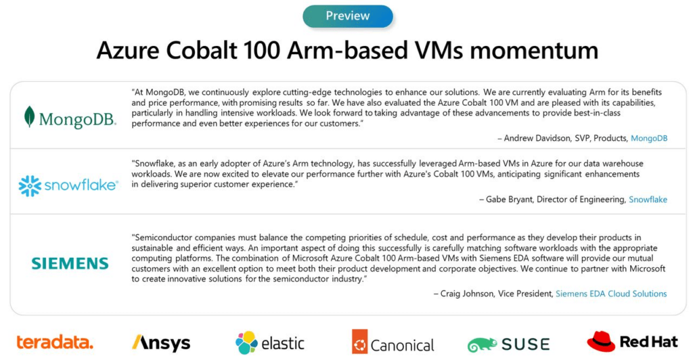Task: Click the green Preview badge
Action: [x=347, y=16]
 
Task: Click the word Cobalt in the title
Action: [x=202, y=50]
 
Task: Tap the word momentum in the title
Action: [x=535, y=51]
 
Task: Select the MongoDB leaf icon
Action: [x=29, y=116]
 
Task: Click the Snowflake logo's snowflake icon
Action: [x=30, y=185]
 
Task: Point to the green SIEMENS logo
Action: [x=70, y=264]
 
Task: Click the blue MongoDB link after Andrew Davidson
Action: [x=649, y=138]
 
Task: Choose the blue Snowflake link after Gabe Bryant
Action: [x=648, y=200]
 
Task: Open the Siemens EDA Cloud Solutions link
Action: [x=611, y=294]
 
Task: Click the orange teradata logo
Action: [x=55, y=342]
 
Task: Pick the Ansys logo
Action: [x=161, y=343]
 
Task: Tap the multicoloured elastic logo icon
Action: [x=246, y=343]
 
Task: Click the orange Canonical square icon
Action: [x=360, y=342]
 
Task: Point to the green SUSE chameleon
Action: [x=482, y=344]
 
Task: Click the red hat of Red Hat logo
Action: [x=601, y=341]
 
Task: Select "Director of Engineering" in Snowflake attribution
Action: [x=581, y=200]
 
